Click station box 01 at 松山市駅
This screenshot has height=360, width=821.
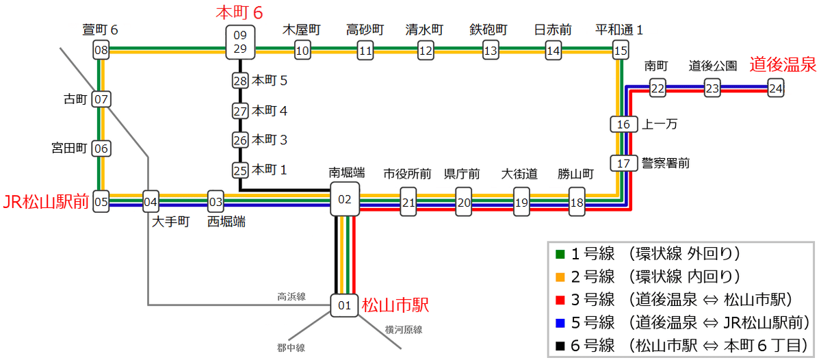[x=345, y=305]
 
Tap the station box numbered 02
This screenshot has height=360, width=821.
[x=345, y=199]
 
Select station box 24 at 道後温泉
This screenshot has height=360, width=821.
[x=775, y=88]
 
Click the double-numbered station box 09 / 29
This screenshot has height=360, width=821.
[x=239, y=42]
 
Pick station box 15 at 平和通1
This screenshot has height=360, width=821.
[x=620, y=50]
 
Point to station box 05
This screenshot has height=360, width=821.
[x=101, y=202]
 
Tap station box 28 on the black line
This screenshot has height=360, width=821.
[x=239, y=81]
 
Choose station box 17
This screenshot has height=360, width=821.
[x=623, y=164]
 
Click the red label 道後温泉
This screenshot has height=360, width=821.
[x=783, y=65]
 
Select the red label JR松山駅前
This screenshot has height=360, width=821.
[x=46, y=202]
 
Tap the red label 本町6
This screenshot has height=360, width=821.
[x=239, y=12]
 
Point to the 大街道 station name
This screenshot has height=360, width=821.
[x=521, y=173]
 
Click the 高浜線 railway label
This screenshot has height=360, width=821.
[x=291, y=296]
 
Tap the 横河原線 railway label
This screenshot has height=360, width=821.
[x=403, y=329]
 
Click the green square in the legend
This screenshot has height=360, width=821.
[x=560, y=254]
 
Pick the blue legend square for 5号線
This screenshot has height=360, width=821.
[x=560, y=322]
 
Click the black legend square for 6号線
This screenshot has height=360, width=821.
[x=560, y=344]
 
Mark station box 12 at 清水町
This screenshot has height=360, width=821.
[x=426, y=50]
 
